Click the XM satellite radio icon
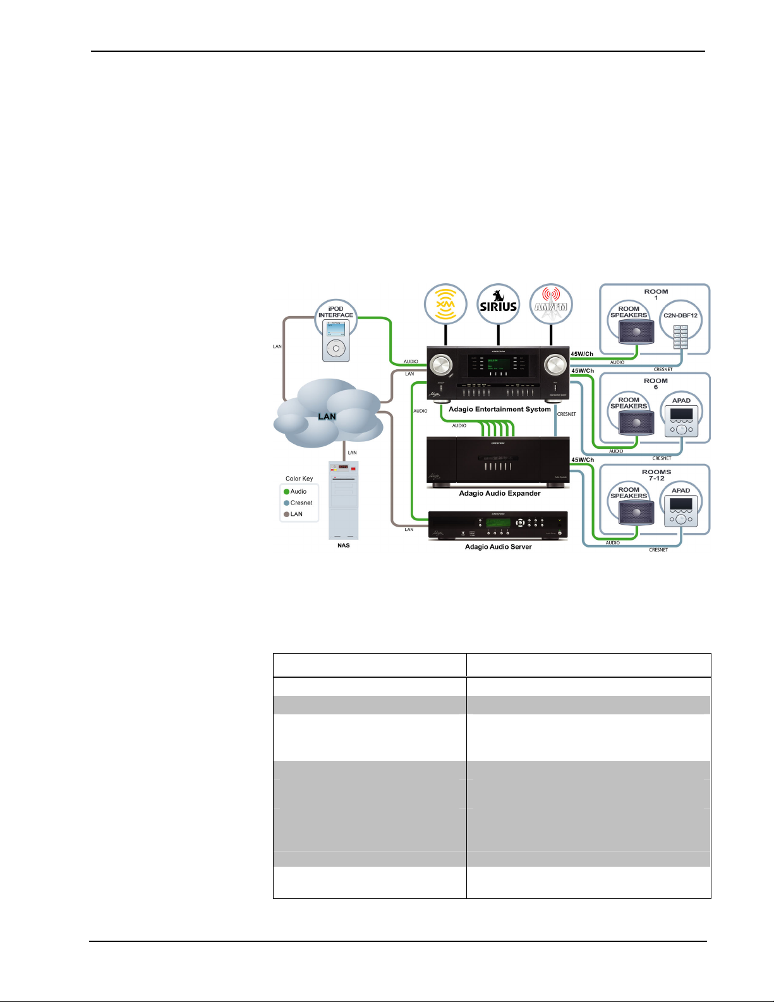445,305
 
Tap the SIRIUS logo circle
499,305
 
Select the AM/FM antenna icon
551,305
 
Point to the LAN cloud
328,415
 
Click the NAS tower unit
343,499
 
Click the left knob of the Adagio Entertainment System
441,365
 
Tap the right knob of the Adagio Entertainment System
556,365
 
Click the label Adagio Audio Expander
499,493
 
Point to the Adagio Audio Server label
498,547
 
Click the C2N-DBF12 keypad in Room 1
680,336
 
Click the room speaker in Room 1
636,331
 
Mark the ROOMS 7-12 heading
656,475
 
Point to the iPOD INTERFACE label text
336,312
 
